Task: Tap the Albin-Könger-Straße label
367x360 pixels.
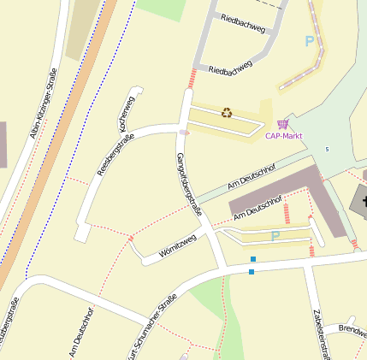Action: coord(44,103)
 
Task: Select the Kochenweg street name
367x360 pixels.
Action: coord(126,112)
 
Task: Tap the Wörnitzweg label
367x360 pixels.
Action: coord(177,246)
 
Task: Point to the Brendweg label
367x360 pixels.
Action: coord(352,329)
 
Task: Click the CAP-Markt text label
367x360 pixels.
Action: coord(284,136)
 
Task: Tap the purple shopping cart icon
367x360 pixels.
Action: coord(283,125)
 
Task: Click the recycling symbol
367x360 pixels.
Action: coord(227,112)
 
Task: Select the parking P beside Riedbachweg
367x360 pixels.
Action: coord(309,40)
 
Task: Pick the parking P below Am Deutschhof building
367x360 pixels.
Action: coord(275,235)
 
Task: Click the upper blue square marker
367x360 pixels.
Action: coord(253,259)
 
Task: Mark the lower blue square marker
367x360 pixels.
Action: coord(252,272)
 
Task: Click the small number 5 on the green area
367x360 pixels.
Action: coord(327,150)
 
